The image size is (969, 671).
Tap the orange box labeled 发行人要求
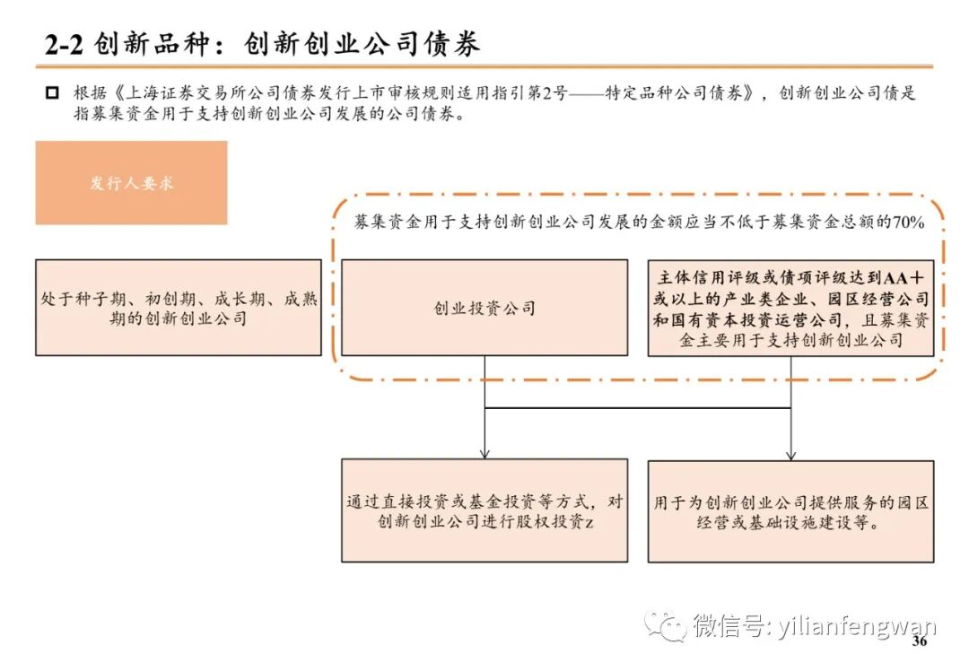tap(131, 183)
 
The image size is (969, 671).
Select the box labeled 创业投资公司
tap(484, 308)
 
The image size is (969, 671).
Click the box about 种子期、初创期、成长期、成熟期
tap(179, 308)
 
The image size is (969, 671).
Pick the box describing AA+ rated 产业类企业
tap(790, 308)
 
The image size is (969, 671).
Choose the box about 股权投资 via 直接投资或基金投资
tap(484, 510)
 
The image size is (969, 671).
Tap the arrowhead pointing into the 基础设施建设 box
tap(790, 455)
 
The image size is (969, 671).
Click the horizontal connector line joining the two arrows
tap(637, 408)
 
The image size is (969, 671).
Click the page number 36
tap(919, 642)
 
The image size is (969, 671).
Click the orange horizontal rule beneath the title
tap(484, 66)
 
